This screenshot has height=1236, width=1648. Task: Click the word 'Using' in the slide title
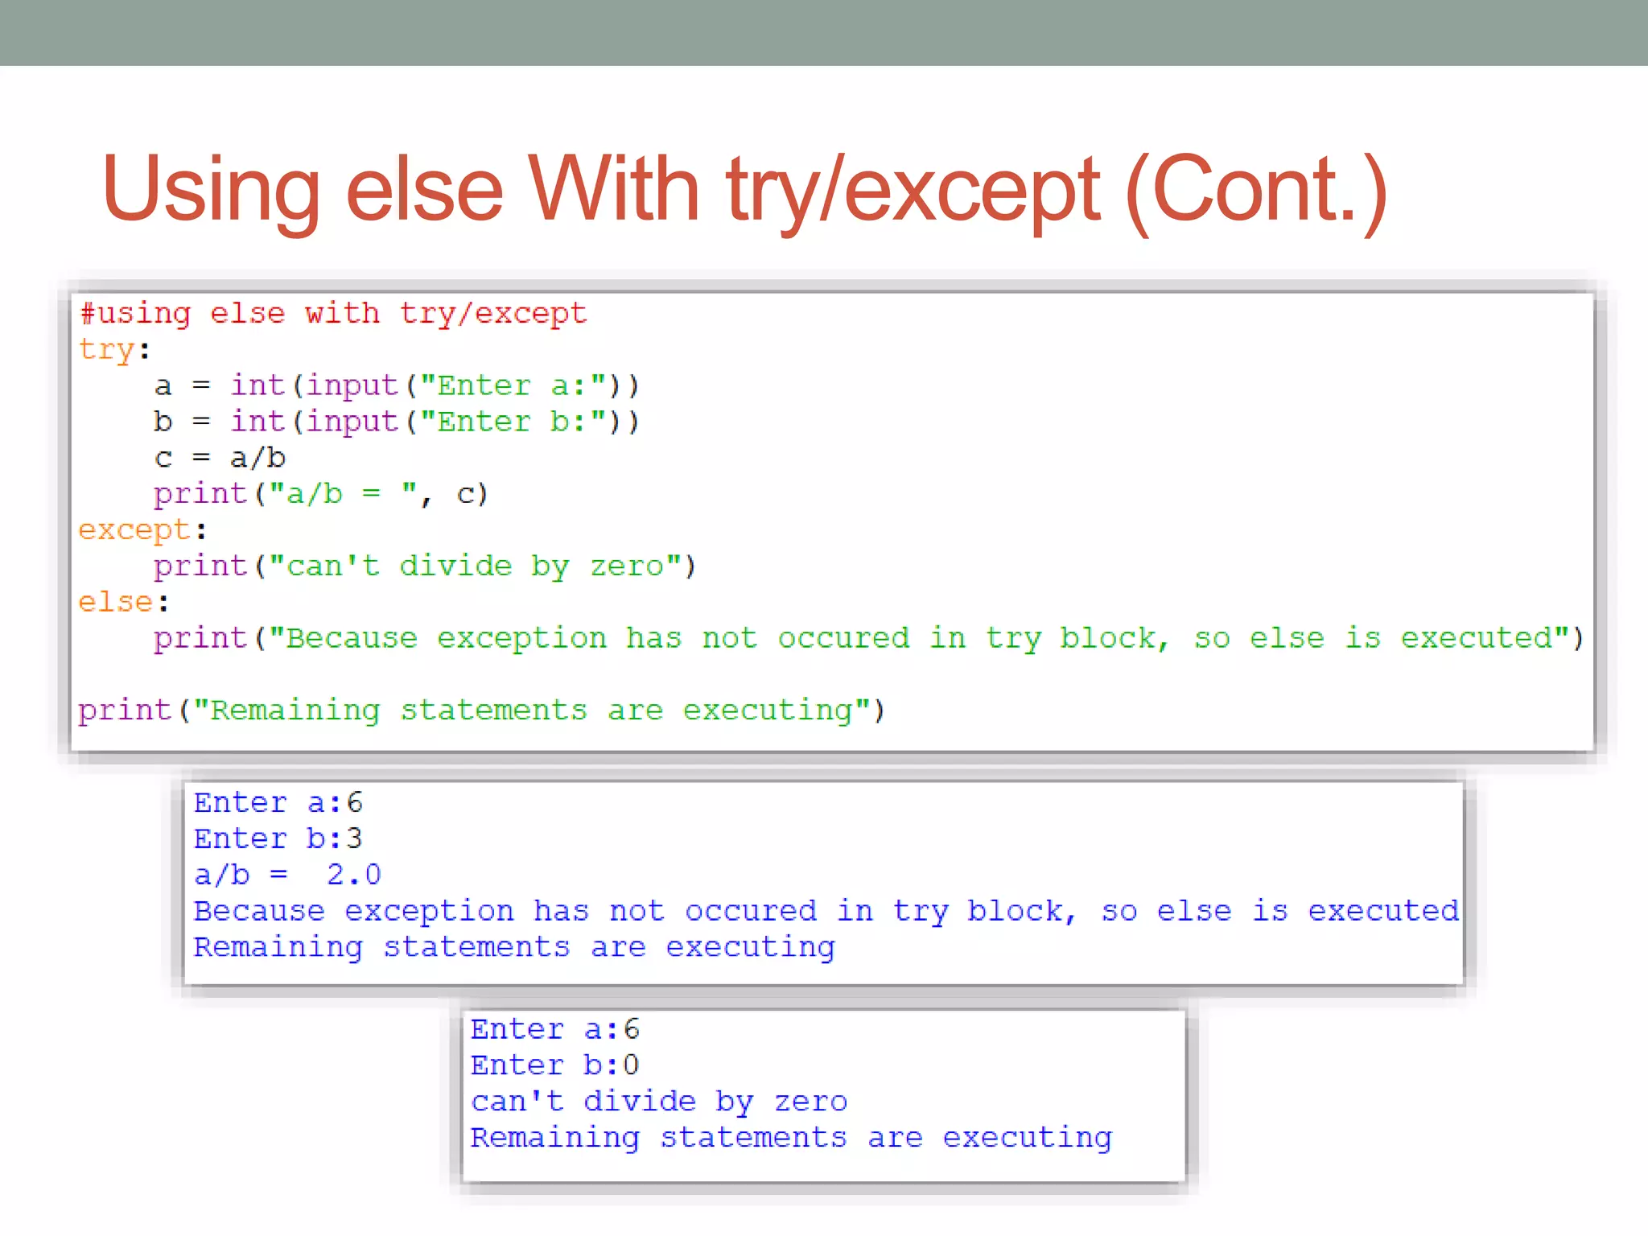tap(211, 190)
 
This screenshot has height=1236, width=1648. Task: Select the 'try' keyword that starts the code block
tap(106, 350)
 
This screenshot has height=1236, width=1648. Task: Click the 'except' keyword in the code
tap(134, 530)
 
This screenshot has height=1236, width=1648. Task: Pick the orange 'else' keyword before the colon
tap(115, 603)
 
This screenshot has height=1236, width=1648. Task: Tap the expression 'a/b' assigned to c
tap(257, 458)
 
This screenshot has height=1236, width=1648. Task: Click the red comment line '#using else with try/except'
tap(334, 314)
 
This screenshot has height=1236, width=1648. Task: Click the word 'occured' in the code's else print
tap(843, 638)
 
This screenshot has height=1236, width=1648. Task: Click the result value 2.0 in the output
tap(354, 875)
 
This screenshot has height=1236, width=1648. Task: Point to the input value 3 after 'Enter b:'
tap(354, 839)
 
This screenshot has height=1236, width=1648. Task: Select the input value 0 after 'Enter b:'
tap(631, 1065)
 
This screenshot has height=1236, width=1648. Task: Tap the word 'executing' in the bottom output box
tap(1027, 1138)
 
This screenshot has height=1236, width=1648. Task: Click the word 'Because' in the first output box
tap(259, 911)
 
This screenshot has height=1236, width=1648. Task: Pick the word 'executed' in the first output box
tap(1382, 911)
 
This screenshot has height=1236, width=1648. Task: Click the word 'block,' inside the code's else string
tap(1113, 638)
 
